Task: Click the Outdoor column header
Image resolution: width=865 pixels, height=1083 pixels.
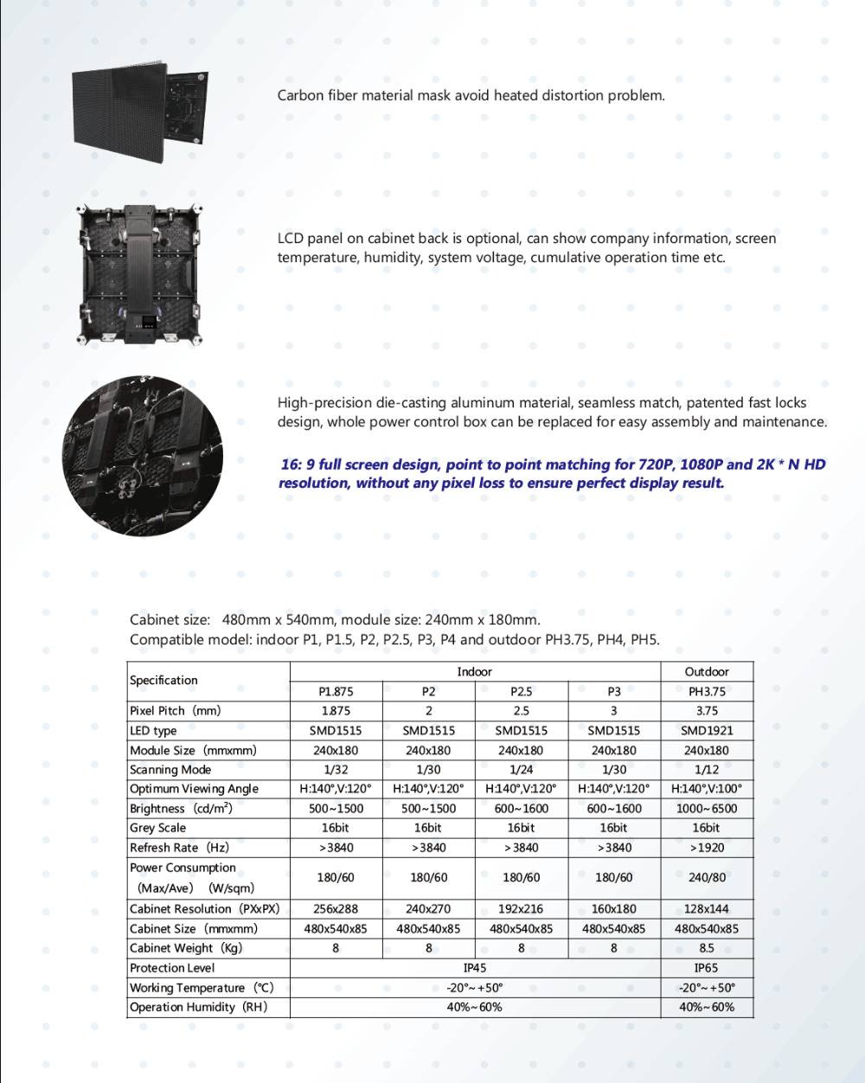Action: coord(707,672)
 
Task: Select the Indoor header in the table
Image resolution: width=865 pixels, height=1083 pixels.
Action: coord(474,672)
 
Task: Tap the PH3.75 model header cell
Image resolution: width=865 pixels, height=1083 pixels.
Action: coord(707,692)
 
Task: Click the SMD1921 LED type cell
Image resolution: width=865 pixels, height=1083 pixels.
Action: coord(707,731)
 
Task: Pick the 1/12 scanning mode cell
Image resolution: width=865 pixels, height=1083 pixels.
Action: coord(707,770)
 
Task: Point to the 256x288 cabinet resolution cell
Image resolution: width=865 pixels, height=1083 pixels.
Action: coord(336,909)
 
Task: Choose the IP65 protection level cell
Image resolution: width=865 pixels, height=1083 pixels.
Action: coord(707,969)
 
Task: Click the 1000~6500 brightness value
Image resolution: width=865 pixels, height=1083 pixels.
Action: coord(707,809)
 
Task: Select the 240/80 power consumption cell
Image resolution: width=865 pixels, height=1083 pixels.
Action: coord(707,878)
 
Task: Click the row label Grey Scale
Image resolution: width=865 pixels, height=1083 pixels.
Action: coord(157,828)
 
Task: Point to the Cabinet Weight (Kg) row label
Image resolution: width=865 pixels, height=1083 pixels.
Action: coord(186,948)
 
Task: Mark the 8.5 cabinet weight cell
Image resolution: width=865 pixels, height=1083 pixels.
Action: coord(707,948)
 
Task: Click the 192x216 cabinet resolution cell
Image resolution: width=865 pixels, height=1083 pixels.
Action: coord(521,909)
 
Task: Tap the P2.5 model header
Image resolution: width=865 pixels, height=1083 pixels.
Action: coord(521,692)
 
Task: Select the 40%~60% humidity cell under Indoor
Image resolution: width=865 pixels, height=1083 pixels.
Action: coord(474,1008)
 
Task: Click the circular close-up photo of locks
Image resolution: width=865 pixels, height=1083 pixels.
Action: coord(142,455)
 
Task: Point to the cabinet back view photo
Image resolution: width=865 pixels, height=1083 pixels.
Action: coord(141,275)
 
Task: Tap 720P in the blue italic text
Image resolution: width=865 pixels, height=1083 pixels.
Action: coord(657,465)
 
